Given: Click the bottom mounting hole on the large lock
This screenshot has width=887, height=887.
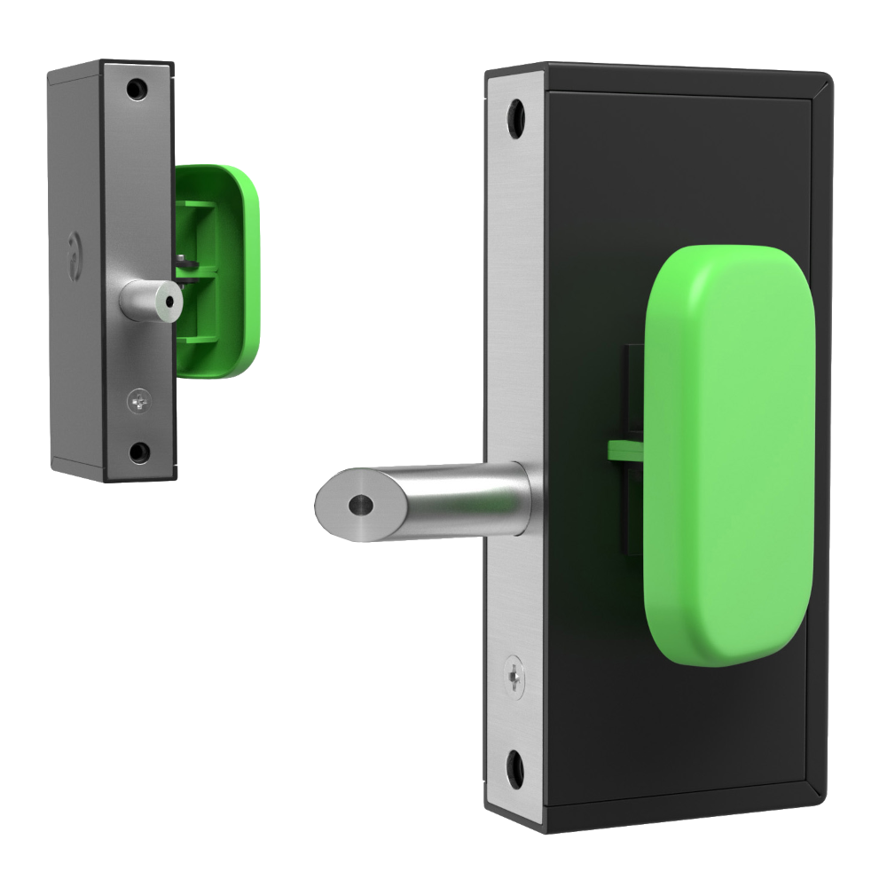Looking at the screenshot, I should click(514, 762).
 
